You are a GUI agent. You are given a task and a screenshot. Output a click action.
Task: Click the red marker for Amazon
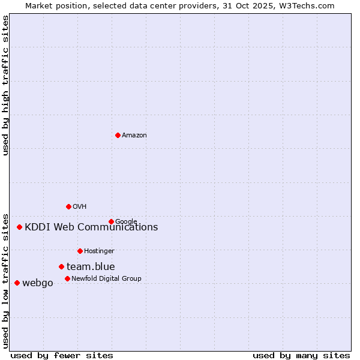tap(118, 135)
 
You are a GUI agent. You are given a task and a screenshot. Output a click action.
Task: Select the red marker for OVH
tap(68, 206)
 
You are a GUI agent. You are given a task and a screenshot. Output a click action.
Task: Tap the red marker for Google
tap(111, 221)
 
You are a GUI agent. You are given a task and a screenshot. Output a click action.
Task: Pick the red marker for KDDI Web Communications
tap(20, 227)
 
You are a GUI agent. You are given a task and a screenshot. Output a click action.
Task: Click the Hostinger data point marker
tap(80, 251)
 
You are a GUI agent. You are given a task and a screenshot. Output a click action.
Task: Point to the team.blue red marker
tap(61, 266)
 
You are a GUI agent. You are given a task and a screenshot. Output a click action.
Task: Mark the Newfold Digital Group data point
tap(67, 278)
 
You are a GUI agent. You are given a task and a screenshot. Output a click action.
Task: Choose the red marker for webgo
tap(17, 283)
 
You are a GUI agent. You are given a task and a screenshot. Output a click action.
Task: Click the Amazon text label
tap(134, 136)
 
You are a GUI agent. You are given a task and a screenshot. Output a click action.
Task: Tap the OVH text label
tap(80, 207)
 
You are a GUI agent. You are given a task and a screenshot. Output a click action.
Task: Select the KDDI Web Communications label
tap(91, 227)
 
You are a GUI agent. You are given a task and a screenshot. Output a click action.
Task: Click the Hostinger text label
tap(99, 251)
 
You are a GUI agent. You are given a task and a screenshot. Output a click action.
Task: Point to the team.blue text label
tap(91, 267)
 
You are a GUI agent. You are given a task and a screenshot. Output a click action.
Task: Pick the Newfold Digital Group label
tap(106, 278)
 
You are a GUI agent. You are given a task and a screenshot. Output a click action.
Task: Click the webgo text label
tap(37, 283)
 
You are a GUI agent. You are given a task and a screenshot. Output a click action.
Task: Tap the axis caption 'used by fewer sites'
tap(62, 355)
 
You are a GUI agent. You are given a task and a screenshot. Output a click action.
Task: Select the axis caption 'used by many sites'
tap(301, 355)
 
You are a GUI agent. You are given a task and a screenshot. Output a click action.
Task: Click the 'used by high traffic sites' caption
tap(5, 85)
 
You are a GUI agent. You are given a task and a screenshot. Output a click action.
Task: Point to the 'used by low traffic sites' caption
tap(5, 280)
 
